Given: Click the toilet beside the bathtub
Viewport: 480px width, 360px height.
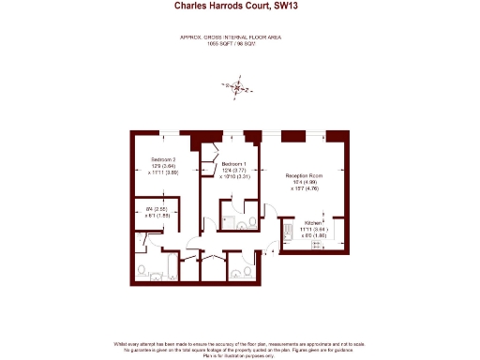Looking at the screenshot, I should (x=141, y=271).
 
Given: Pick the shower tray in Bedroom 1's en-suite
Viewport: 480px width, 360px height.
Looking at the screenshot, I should (x=228, y=222).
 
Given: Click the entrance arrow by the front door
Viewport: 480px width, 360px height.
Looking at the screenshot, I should (x=270, y=251).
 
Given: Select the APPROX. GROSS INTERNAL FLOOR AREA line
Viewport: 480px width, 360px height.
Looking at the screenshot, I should (x=231, y=37).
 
